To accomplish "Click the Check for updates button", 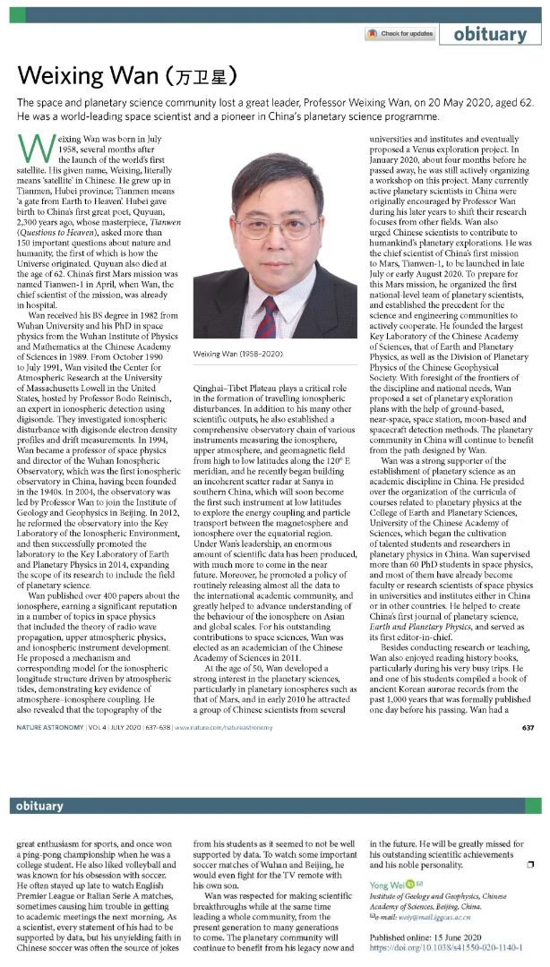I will click(x=400, y=34).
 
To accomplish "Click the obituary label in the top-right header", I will click(x=490, y=34).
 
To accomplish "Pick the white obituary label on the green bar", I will click(x=39, y=807).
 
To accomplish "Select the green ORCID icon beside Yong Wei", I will click(x=411, y=887).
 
